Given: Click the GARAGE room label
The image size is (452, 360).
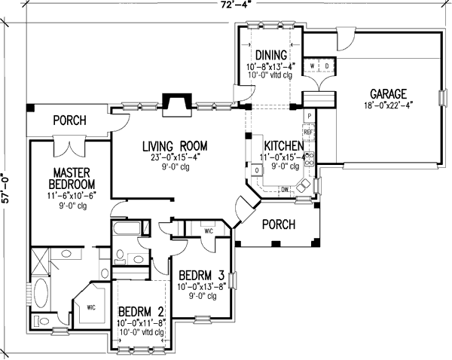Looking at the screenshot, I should [x=388, y=93].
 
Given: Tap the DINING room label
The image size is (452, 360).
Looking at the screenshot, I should [x=269, y=54].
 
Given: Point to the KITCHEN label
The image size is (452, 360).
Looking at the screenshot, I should [x=283, y=145].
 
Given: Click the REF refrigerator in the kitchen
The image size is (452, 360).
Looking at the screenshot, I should [x=309, y=133].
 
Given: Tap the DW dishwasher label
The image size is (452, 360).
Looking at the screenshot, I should [x=286, y=189].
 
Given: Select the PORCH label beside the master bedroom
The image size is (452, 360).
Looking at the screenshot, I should [x=69, y=121].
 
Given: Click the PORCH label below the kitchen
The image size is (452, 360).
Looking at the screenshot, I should [x=278, y=224].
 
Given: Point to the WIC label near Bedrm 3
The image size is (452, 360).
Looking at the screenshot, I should [x=207, y=231].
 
